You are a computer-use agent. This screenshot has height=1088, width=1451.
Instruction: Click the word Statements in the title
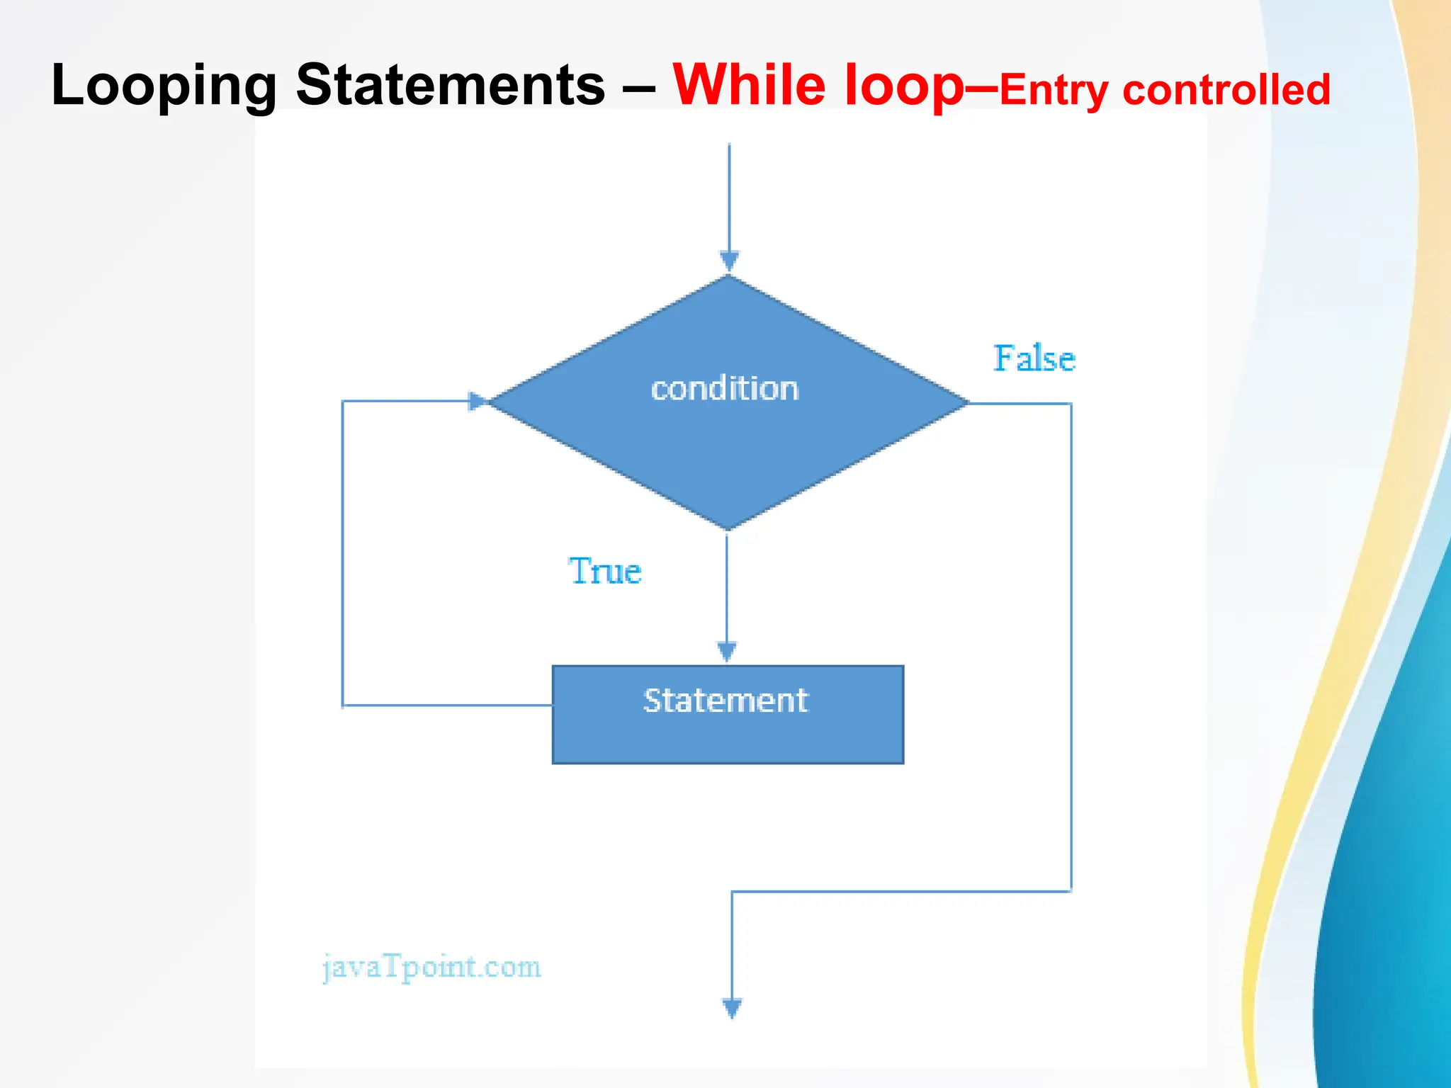pyautogui.click(x=451, y=85)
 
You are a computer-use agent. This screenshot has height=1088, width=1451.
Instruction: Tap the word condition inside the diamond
pyautogui.click(x=725, y=389)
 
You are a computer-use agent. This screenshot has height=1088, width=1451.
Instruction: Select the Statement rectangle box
pyautogui.click(x=728, y=737)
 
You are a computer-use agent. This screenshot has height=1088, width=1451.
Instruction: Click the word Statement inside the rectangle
pyautogui.click(x=725, y=701)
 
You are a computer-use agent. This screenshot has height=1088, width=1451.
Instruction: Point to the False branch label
pyautogui.click(x=1034, y=358)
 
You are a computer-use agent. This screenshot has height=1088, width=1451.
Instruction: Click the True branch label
pyautogui.click(x=605, y=571)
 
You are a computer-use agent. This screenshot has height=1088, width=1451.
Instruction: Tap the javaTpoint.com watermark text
pyautogui.click(x=431, y=968)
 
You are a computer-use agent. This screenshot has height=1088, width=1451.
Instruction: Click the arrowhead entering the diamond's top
pyautogui.click(x=729, y=261)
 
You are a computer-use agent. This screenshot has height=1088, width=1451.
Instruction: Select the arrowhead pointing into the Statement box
pyautogui.click(x=727, y=651)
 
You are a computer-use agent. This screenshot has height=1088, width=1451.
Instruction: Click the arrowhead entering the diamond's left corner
pyautogui.click(x=478, y=402)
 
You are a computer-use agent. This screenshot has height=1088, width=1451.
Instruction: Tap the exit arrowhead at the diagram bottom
pyautogui.click(x=732, y=1007)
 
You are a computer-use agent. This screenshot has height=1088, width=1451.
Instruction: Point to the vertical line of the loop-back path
pyautogui.click(x=343, y=552)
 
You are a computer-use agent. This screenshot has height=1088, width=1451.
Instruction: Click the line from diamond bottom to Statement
pyautogui.click(x=727, y=588)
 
